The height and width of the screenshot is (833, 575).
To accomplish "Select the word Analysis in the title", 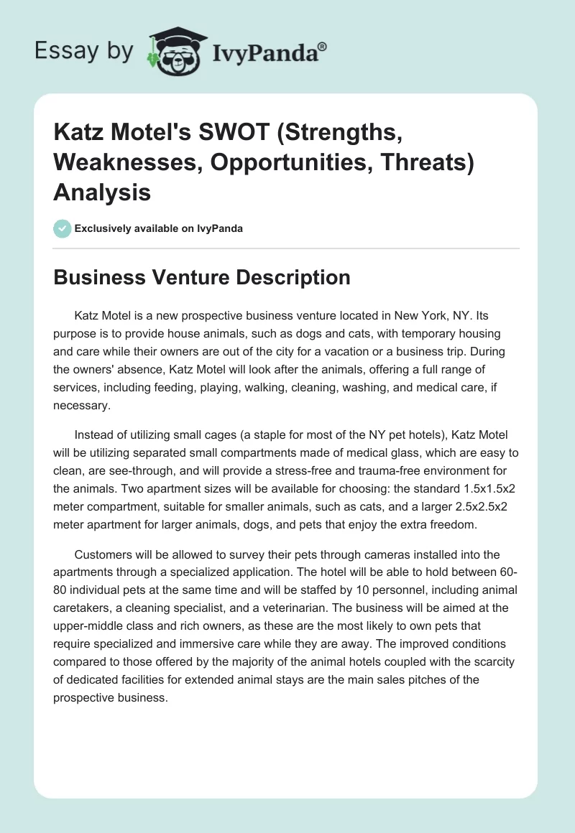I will [102, 192].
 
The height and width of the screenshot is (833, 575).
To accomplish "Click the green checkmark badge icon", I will [63, 228].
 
